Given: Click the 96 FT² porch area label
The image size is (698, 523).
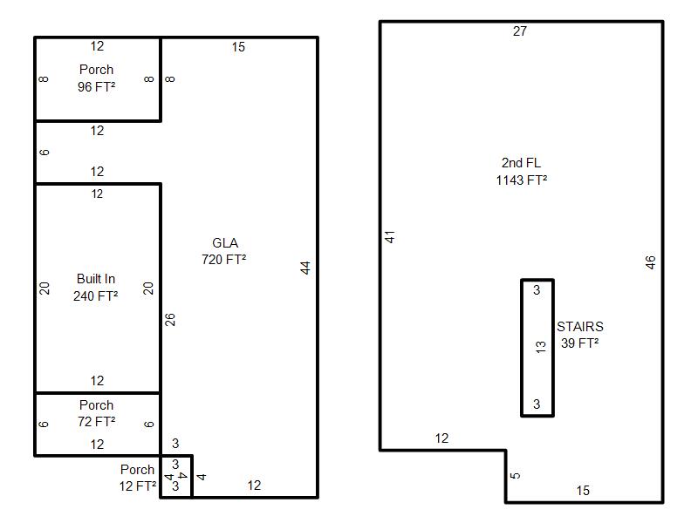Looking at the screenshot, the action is (x=97, y=86).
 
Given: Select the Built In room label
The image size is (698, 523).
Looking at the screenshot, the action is (x=96, y=279).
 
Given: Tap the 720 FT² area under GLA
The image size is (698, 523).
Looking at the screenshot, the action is (x=224, y=259).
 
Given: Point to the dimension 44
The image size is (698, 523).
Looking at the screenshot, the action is (x=305, y=268).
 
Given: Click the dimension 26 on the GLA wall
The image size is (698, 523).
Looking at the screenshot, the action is (x=170, y=319).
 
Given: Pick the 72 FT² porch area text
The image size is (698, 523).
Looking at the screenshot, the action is (x=97, y=421).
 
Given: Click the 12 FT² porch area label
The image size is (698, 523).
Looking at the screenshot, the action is (x=138, y=486).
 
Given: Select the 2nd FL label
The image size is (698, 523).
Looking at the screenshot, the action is (x=521, y=163).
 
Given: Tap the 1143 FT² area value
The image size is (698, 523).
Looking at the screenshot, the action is (x=521, y=180).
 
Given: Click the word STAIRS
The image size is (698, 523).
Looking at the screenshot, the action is (x=580, y=326).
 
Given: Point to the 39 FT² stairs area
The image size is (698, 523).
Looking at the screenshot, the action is (x=579, y=343).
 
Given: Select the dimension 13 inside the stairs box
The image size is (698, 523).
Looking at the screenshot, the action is (x=541, y=347).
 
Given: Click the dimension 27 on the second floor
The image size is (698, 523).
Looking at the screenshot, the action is (x=520, y=31).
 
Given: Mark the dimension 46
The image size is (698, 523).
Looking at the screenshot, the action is (x=650, y=262).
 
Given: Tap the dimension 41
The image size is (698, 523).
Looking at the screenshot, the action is (x=390, y=236).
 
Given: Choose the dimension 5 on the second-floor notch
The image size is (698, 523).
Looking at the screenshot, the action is (x=516, y=475).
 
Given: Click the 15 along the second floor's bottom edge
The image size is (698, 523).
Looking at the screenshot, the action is (x=583, y=491).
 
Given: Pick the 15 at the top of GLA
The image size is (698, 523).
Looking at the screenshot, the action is (x=238, y=47).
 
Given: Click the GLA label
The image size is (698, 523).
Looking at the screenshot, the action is (x=225, y=243).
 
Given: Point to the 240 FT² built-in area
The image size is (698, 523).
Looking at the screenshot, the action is (x=96, y=295).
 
